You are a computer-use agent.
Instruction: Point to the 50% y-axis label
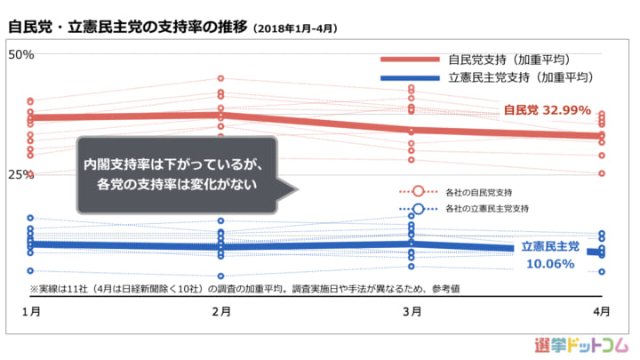click(x=20, y=54)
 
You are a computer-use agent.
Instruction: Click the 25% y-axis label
click(x=20, y=174)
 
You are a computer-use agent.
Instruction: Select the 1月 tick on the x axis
click(x=30, y=311)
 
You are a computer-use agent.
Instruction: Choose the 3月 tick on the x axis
click(x=412, y=311)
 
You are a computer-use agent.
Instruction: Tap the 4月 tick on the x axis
click(x=602, y=311)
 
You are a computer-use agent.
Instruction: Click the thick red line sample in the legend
click(x=410, y=59)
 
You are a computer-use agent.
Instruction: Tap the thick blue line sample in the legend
click(x=410, y=77)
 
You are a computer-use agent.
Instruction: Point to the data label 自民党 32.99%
click(x=548, y=110)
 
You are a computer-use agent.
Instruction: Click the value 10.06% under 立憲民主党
click(x=548, y=263)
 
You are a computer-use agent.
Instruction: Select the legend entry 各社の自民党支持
click(x=478, y=192)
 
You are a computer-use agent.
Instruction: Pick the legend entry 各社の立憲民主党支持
click(x=485, y=209)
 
